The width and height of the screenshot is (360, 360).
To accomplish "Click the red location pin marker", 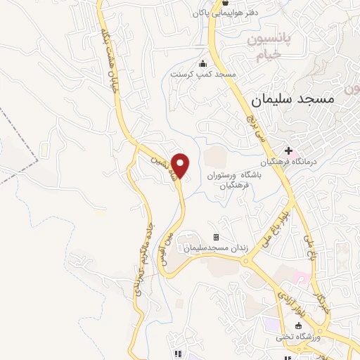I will pos(181,165).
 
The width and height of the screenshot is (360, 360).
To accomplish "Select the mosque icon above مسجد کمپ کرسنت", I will pos(203,64).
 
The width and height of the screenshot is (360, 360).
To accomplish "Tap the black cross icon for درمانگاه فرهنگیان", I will pos(288,150).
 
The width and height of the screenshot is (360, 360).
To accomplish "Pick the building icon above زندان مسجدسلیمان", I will pos(216,237).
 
